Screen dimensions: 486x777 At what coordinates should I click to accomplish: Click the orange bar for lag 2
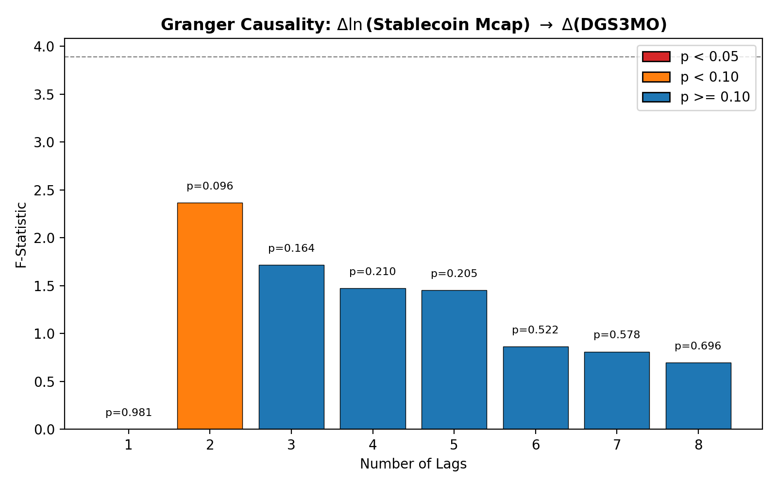(x=210, y=316)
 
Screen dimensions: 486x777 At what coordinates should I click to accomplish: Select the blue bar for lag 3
(x=291, y=347)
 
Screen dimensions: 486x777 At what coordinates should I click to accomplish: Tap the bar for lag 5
(x=454, y=360)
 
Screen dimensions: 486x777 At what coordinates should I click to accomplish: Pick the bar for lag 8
(x=698, y=396)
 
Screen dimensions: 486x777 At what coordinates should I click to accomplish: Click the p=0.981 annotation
(x=129, y=413)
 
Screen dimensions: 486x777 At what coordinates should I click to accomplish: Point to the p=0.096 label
(x=210, y=186)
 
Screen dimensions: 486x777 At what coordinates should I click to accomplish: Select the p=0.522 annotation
(x=535, y=330)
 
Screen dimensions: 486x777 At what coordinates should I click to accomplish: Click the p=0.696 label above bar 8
(x=698, y=346)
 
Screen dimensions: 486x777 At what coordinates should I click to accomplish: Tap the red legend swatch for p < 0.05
(x=656, y=57)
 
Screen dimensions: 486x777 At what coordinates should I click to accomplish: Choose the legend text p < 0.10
(x=709, y=77)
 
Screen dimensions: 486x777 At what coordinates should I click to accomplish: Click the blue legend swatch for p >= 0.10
(x=656, y=97)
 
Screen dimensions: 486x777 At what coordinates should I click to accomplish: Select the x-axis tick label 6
(x=536, y=445)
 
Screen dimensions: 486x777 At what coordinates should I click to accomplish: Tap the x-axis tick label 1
(x=129, y=445)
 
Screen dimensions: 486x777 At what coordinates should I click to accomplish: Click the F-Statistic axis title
(x=21, y=234)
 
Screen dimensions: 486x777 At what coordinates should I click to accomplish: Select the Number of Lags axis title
(x=413, y=464)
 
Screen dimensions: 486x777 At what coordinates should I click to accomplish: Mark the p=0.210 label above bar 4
(x=372, y=272)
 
